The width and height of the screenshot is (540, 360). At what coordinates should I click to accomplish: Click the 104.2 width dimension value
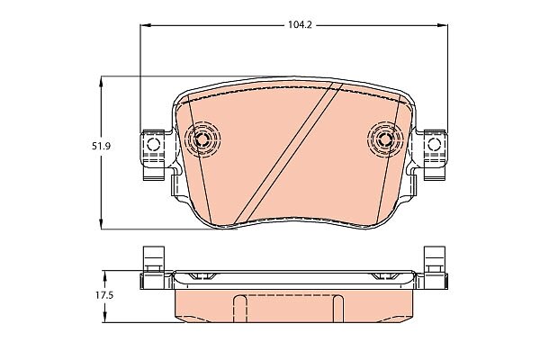coord(300,25)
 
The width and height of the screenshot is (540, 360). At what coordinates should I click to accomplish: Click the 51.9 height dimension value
coord(101,146)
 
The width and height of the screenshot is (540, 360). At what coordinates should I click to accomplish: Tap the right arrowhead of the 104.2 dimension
coord(443,25)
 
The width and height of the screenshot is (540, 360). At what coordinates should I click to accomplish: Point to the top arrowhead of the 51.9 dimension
coord(101,82)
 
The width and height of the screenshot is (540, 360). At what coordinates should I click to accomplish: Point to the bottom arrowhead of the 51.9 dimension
coord(101,223)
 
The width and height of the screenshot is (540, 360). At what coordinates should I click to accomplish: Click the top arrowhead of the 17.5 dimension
coord(105,275)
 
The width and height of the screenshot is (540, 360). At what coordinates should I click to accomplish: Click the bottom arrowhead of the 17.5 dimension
coord(105,318)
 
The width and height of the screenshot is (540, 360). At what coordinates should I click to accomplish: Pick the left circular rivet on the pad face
coord(202,139)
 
